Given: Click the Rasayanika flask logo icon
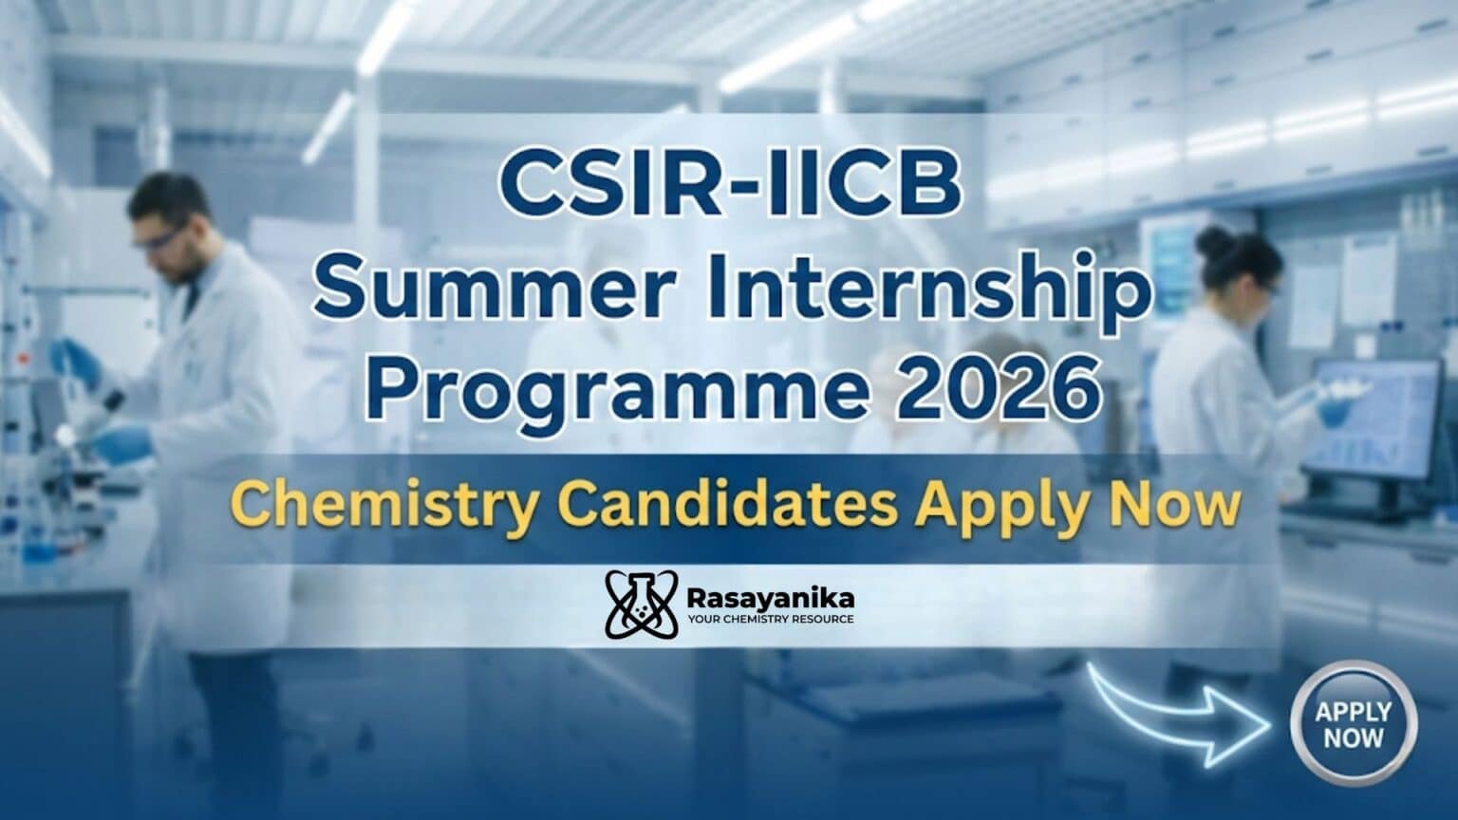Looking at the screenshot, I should coord(639,605).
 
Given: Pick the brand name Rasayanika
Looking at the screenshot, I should coord(768,598).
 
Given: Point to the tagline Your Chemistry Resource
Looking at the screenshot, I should coord(768,620).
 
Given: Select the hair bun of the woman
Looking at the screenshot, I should coord(1214,243).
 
